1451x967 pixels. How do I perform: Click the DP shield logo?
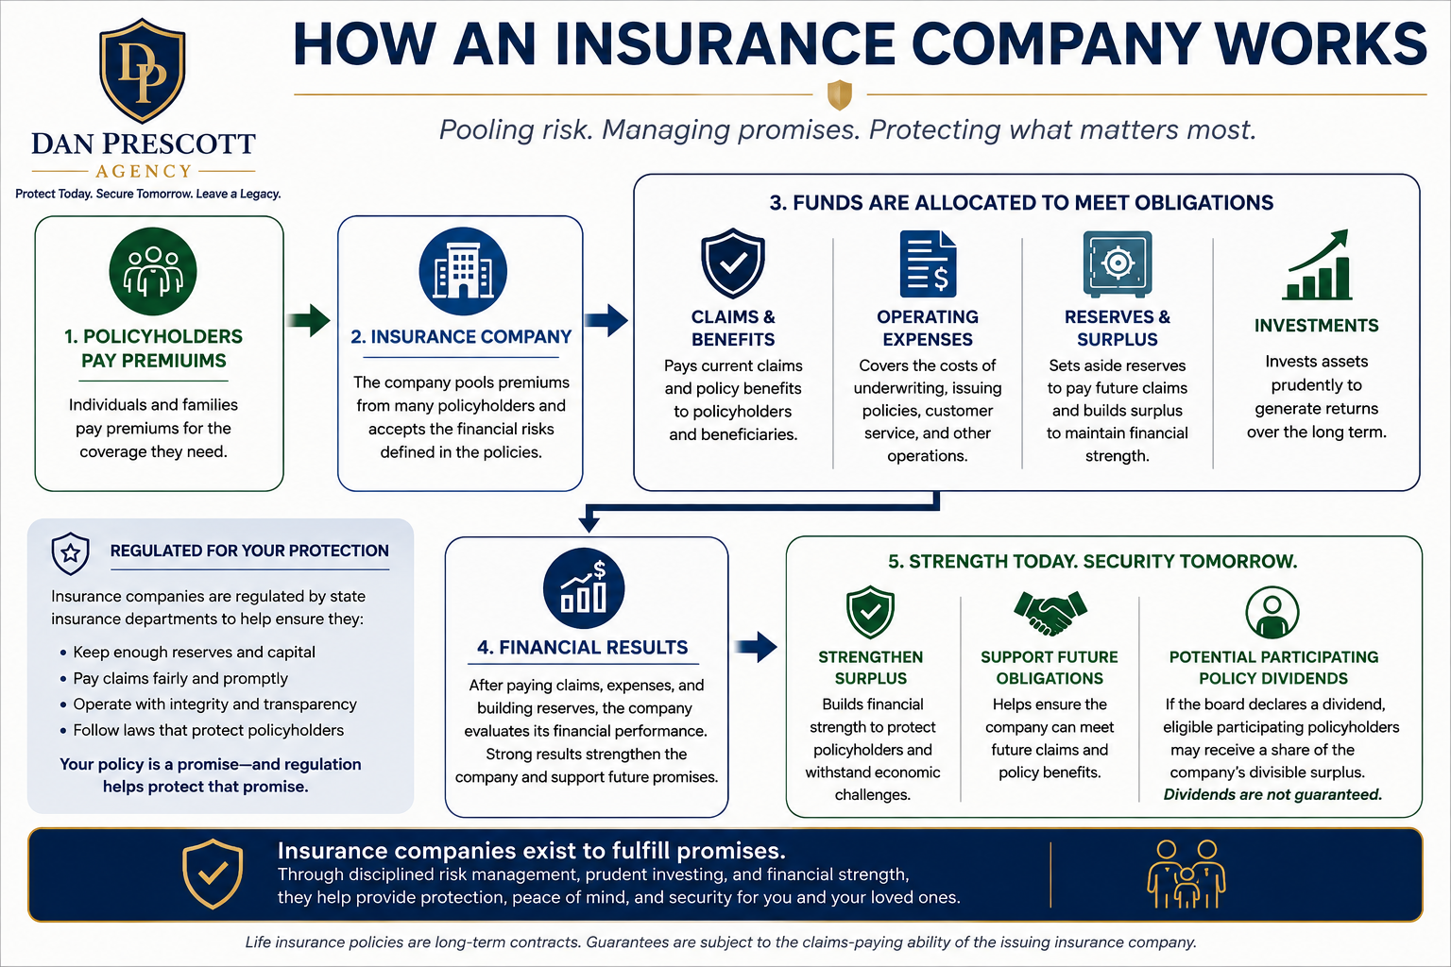point(143,70)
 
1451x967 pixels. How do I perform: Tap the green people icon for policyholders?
point(153,271)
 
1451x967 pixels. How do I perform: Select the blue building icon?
point(463,271)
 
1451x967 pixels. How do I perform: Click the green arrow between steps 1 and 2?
point(308,320)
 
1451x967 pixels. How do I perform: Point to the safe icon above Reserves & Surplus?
point(1118,263)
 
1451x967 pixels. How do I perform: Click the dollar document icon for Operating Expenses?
point(928,263)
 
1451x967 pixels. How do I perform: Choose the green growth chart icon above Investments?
point(1317,265)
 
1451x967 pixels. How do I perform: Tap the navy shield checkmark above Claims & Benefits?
point(733,263)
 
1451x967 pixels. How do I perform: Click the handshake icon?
point(1050,612)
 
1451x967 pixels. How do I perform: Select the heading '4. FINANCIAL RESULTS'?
point(583,647)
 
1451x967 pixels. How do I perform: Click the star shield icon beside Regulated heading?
point(70,553)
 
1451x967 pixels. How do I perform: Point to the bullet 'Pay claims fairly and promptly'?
point(180,678)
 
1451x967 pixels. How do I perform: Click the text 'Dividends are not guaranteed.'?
point(1272,794)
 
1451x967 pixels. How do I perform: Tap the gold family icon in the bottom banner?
point(1186,874)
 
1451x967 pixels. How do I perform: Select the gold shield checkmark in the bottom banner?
point(213,874)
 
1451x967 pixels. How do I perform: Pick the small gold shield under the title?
point(840,94)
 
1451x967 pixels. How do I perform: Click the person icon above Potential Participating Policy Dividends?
point(1272,613)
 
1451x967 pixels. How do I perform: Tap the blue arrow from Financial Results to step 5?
point(757,647)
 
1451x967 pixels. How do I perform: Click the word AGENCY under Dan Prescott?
point(144,171)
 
